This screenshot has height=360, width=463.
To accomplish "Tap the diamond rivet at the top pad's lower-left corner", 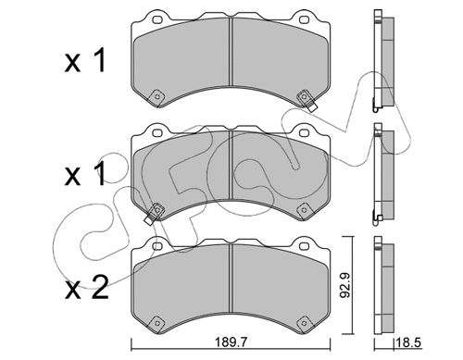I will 156,94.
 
